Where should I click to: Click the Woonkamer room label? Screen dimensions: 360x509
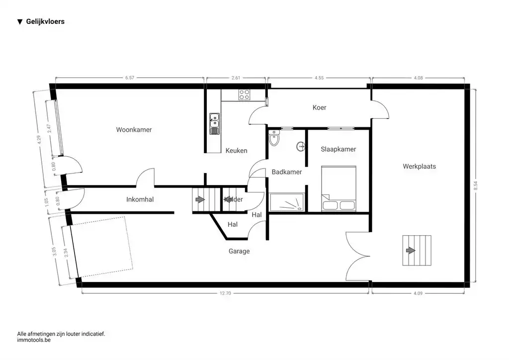134,130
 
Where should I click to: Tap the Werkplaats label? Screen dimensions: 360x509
419,166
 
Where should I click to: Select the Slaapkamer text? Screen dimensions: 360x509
338,149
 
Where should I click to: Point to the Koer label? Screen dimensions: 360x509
320,107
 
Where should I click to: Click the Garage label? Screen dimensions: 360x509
239,251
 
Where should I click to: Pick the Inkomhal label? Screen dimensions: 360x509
140,200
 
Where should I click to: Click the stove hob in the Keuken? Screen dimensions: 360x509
244,94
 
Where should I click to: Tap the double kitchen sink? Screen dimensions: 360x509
214,124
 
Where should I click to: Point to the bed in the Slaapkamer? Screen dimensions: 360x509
339,188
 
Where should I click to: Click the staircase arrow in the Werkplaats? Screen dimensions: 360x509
410,251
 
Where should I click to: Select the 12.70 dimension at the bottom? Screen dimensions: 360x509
225,293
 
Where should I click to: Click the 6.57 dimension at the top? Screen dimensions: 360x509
130,78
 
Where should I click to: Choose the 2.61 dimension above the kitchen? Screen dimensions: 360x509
236,78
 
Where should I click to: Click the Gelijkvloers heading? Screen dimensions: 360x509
45,22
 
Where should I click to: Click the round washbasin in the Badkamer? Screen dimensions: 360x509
300,147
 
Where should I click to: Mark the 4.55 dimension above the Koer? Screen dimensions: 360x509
319,78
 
